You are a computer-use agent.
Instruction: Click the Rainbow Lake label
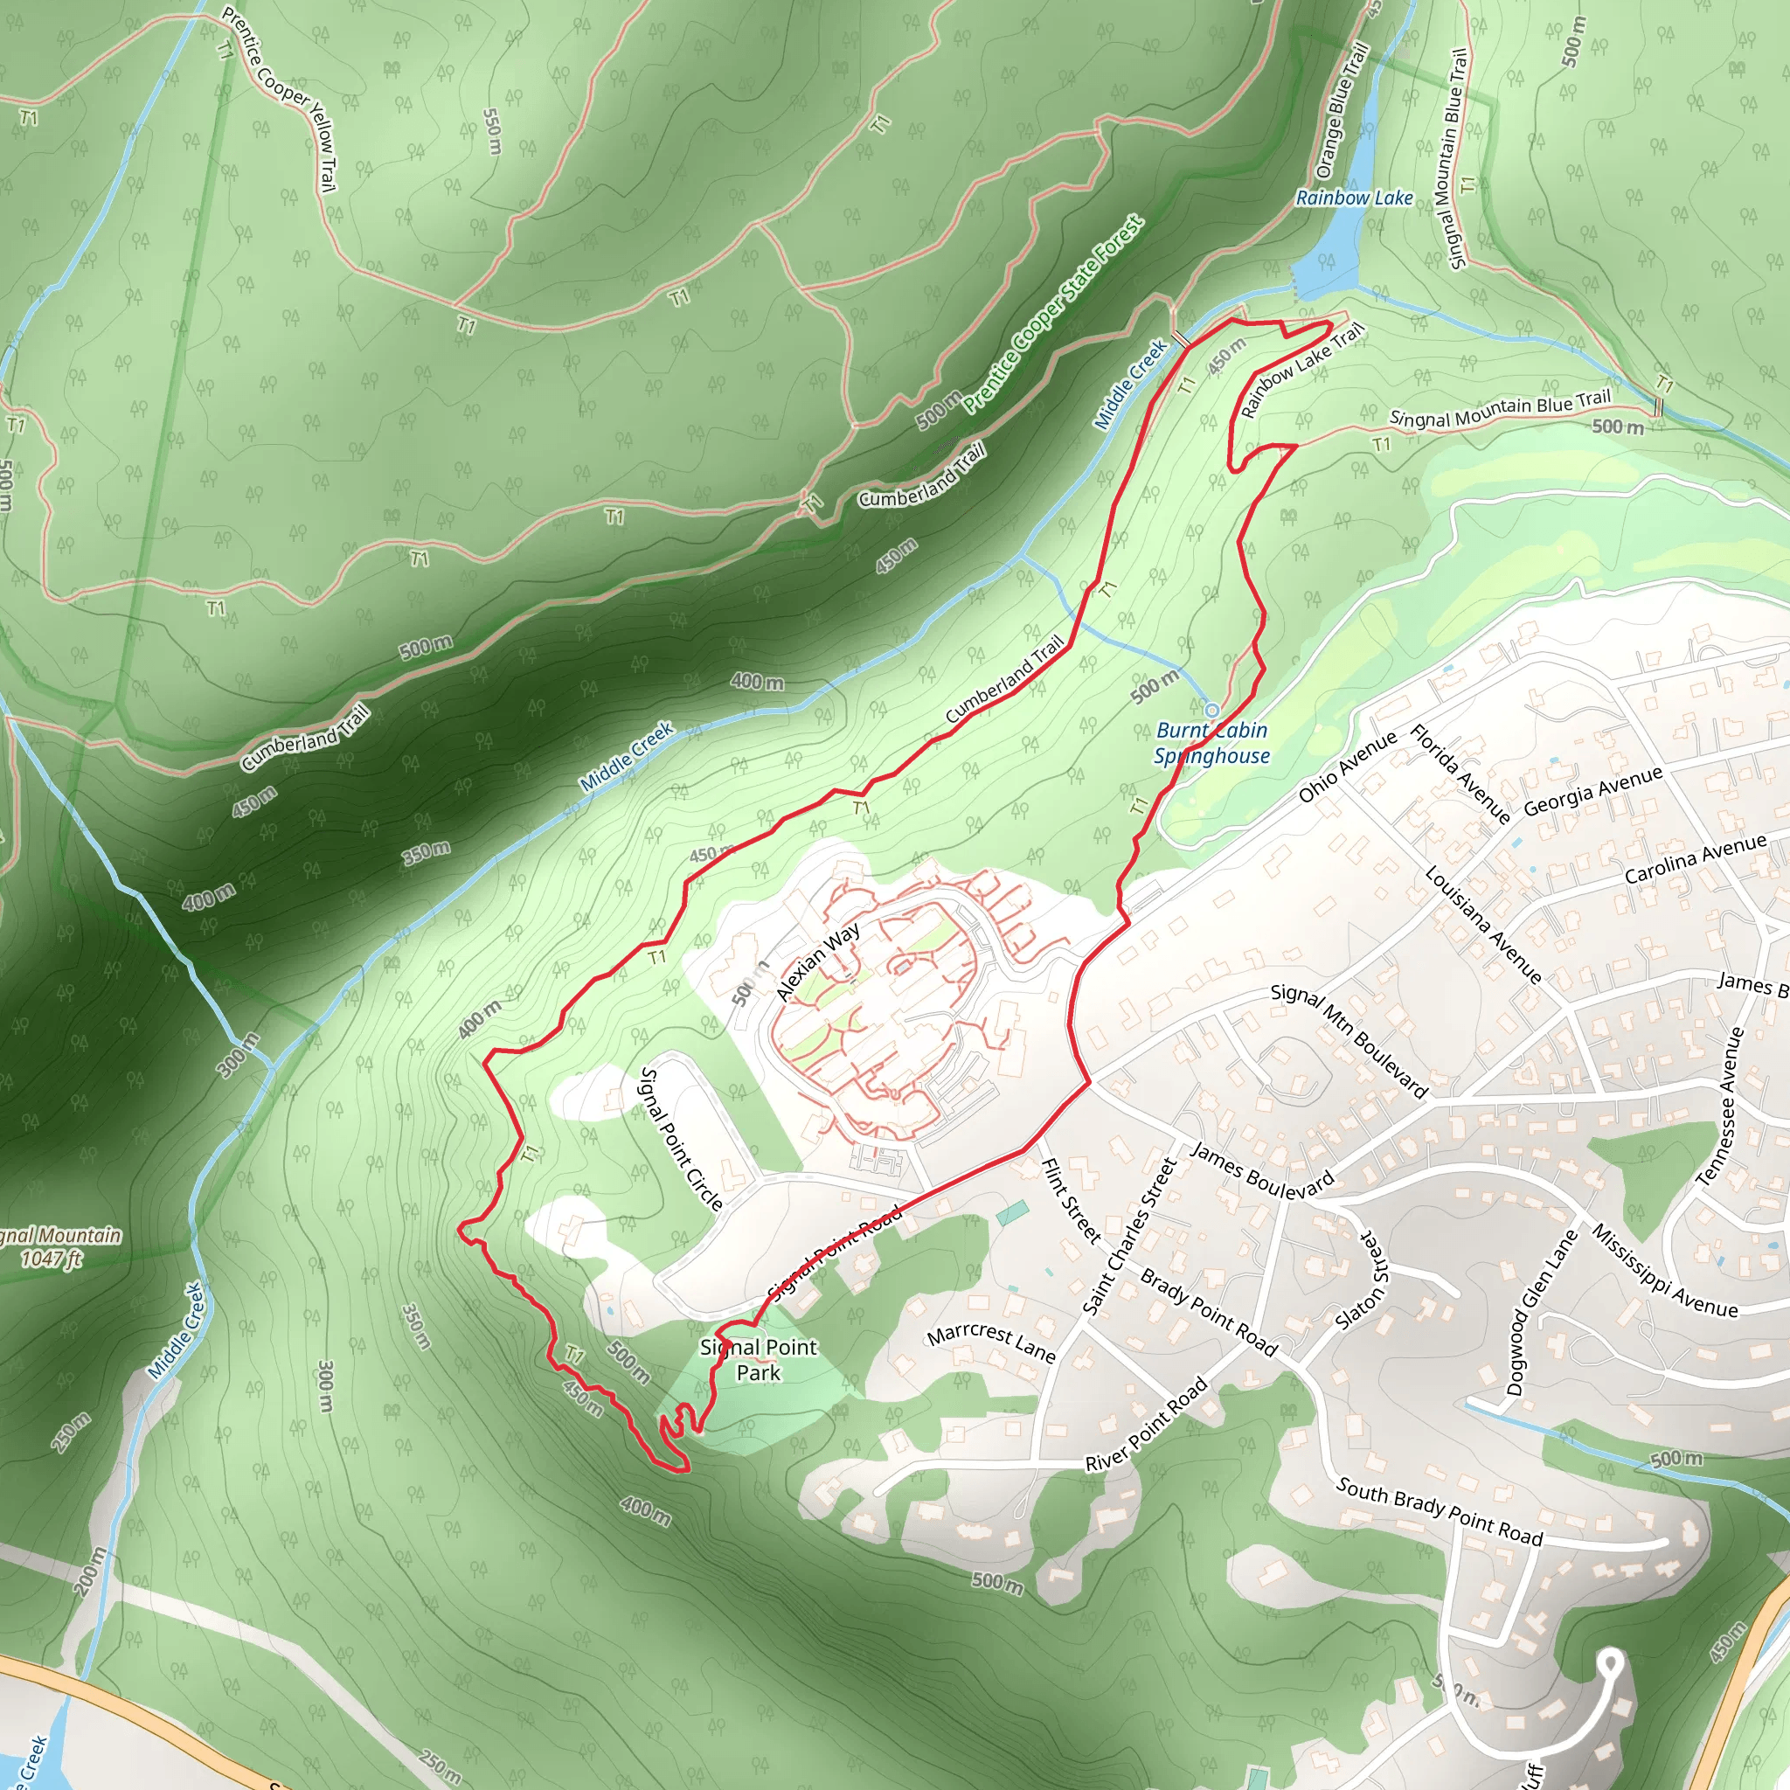(1354, 198)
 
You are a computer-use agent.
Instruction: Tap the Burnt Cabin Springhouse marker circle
(1212, 711)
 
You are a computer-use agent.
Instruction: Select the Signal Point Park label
(759, 1360)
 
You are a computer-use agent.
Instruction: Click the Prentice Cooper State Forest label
(1053, 315)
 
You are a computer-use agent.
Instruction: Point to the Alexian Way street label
(817, 961)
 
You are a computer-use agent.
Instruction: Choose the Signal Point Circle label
(681, 1139)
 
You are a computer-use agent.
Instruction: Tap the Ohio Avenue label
(1347, 767)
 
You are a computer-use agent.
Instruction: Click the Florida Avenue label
(1460, 774)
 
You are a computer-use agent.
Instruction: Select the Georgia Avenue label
(1592, 790)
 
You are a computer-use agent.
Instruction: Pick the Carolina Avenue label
(1696, 859)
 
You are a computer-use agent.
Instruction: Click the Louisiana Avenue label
(1482, 925)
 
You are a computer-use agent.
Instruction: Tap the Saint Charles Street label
(1129, 1237)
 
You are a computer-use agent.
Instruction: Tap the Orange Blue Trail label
(1342, 111)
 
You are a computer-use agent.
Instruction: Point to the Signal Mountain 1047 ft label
(58, 1246)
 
